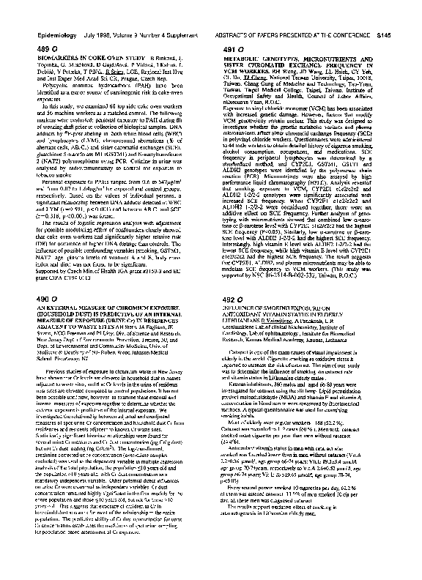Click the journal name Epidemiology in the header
point(53,34)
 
